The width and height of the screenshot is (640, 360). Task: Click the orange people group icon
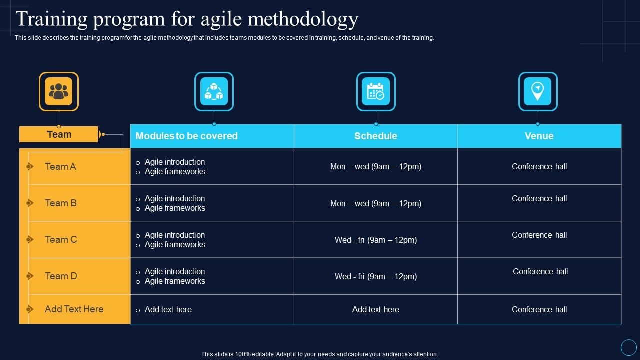tap(59, 91)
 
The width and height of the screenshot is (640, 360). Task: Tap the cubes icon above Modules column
tap(214, 91)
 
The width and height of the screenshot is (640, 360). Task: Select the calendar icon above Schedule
tap(376, 91)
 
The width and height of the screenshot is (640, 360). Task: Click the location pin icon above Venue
tap(538, 91)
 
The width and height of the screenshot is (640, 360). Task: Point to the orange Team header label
tap(59, 134)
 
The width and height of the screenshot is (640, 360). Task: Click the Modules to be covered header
tap(187, 136)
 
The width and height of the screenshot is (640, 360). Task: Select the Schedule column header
tap(376, 136)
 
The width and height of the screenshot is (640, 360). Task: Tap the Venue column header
tap(539, 136)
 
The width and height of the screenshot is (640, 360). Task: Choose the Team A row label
tap(60, 167)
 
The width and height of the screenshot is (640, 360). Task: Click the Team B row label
tap(60, 203)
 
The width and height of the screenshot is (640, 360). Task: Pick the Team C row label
tap(61, 240)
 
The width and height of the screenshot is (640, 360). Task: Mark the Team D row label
tap(61, 276)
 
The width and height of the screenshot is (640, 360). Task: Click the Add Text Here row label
tap(74, 309)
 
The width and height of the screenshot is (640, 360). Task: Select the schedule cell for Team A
tap(376, 167)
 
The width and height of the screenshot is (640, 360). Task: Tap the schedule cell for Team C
tap(376, 240)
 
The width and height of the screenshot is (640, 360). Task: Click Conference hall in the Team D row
tap(540, 272)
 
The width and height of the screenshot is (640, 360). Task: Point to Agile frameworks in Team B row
tap(175, 208)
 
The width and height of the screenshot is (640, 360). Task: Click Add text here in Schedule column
tap(376, 310)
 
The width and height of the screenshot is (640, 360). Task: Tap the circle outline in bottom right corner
tap(628, 347)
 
